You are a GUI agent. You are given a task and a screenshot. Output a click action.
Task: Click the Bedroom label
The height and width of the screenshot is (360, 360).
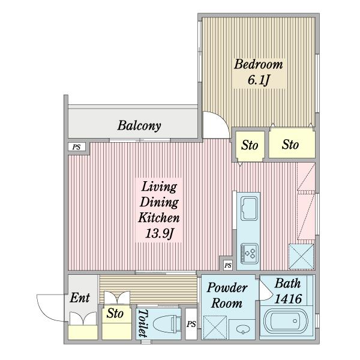pos(258,64)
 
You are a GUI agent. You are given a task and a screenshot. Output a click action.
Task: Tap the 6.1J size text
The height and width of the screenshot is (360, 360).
pos(258,80)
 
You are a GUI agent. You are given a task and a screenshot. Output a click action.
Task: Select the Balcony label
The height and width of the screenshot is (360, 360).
pos(139,125)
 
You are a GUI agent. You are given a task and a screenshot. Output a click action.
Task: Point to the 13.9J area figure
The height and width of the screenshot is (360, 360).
pos(159,234)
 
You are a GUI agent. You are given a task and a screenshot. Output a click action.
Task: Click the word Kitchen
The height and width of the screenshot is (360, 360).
pos(159,217)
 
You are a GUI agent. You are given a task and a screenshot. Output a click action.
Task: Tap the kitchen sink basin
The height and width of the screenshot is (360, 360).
pos(248,209)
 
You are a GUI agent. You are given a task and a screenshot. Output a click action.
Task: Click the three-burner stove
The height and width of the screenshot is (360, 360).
pos(250,254)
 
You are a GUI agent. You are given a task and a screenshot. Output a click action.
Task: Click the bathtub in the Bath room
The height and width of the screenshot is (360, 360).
pos(286,321)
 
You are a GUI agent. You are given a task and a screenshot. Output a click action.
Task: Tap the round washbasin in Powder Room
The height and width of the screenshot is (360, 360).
pos(242,330)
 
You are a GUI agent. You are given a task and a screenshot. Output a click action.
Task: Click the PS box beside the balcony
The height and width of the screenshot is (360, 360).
pos(77,147)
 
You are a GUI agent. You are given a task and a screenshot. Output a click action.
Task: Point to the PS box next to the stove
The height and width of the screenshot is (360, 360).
pos(228,265)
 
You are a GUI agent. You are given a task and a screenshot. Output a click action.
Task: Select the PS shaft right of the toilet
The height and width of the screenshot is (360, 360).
pos(191,324)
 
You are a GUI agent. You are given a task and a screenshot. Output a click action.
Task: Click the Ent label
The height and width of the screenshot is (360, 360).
pos(80,298)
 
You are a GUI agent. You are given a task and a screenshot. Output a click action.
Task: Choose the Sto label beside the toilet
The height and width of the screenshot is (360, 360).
pos(115,313)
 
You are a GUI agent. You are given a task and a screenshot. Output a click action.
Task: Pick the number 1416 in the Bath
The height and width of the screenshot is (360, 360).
pos(288,299)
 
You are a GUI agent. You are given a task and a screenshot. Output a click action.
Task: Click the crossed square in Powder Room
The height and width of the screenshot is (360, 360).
pos(215,328)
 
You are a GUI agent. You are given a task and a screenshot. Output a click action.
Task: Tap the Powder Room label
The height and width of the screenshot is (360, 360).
pos(227,295)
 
